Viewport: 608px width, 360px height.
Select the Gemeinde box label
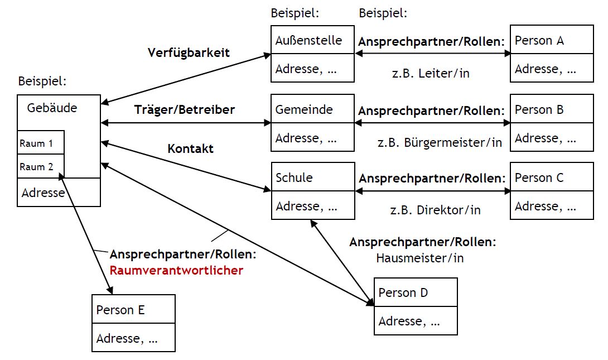coord(303,109)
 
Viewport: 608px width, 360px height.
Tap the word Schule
coord(294,178)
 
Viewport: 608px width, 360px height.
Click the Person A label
coord(539,41)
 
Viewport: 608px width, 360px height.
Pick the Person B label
coord(539,109)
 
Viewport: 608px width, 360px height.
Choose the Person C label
coord(539,178)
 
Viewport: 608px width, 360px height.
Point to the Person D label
coord(403,292)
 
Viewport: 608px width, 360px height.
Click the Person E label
coord(120,310)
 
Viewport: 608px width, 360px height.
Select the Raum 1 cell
coord(36,143)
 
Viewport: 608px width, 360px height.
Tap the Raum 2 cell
coord(36,166)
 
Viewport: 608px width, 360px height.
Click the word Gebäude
coord(52,108)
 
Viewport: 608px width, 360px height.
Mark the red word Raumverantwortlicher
coord(176,271)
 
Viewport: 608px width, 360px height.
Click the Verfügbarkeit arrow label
coord(189,53)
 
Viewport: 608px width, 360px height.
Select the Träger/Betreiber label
coord(184,109)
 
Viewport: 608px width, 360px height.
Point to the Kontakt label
coord(190,149)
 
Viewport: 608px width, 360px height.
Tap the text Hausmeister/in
coord(419,258)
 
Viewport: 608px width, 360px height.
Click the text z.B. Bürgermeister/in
coord(440,142)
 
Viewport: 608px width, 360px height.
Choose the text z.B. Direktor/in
coord(435,210)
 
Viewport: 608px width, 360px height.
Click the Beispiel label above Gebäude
coord(42,81)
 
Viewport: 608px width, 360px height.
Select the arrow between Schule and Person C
coord(432,191)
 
